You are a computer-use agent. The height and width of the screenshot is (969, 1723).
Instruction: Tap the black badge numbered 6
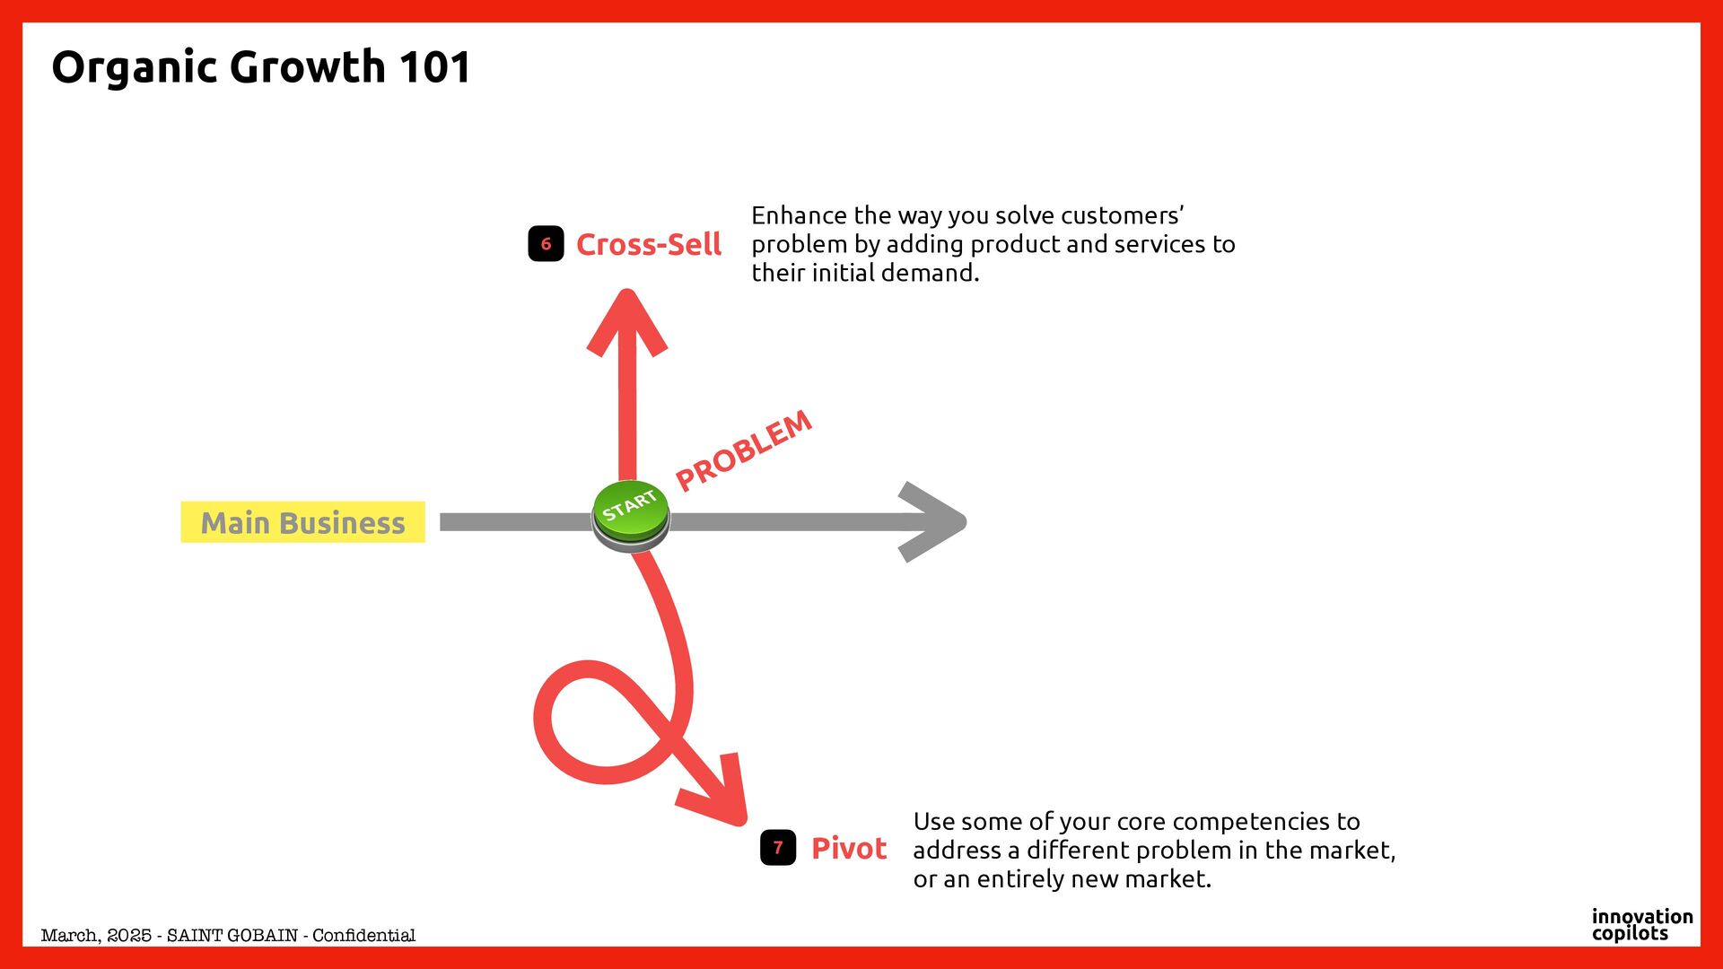pos(546,244)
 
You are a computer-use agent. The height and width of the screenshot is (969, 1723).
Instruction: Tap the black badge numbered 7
pos(778,848)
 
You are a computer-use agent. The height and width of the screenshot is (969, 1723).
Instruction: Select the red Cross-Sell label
pos(648,245)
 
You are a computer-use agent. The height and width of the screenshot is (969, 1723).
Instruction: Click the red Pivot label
pos(848,849)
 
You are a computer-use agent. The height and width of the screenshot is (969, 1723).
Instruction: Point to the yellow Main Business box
pos(302,522)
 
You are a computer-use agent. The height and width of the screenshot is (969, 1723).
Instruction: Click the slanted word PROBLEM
pos(743,450)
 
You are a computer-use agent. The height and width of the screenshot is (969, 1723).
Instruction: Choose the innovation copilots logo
pos(1641,925)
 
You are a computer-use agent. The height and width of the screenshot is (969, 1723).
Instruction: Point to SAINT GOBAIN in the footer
pos(232,936)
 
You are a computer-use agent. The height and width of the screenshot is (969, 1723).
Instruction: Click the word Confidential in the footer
pos(363,936)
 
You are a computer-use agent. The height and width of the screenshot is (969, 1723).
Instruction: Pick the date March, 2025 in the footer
pos(95,936)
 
